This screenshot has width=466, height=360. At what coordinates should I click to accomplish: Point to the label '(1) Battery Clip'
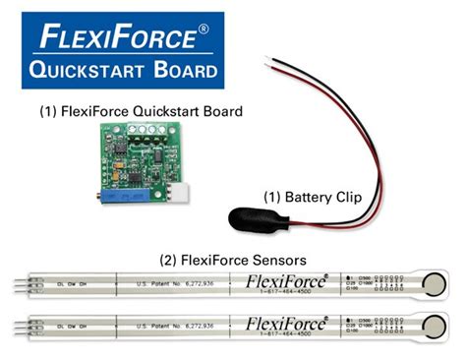(x=313, y=197)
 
